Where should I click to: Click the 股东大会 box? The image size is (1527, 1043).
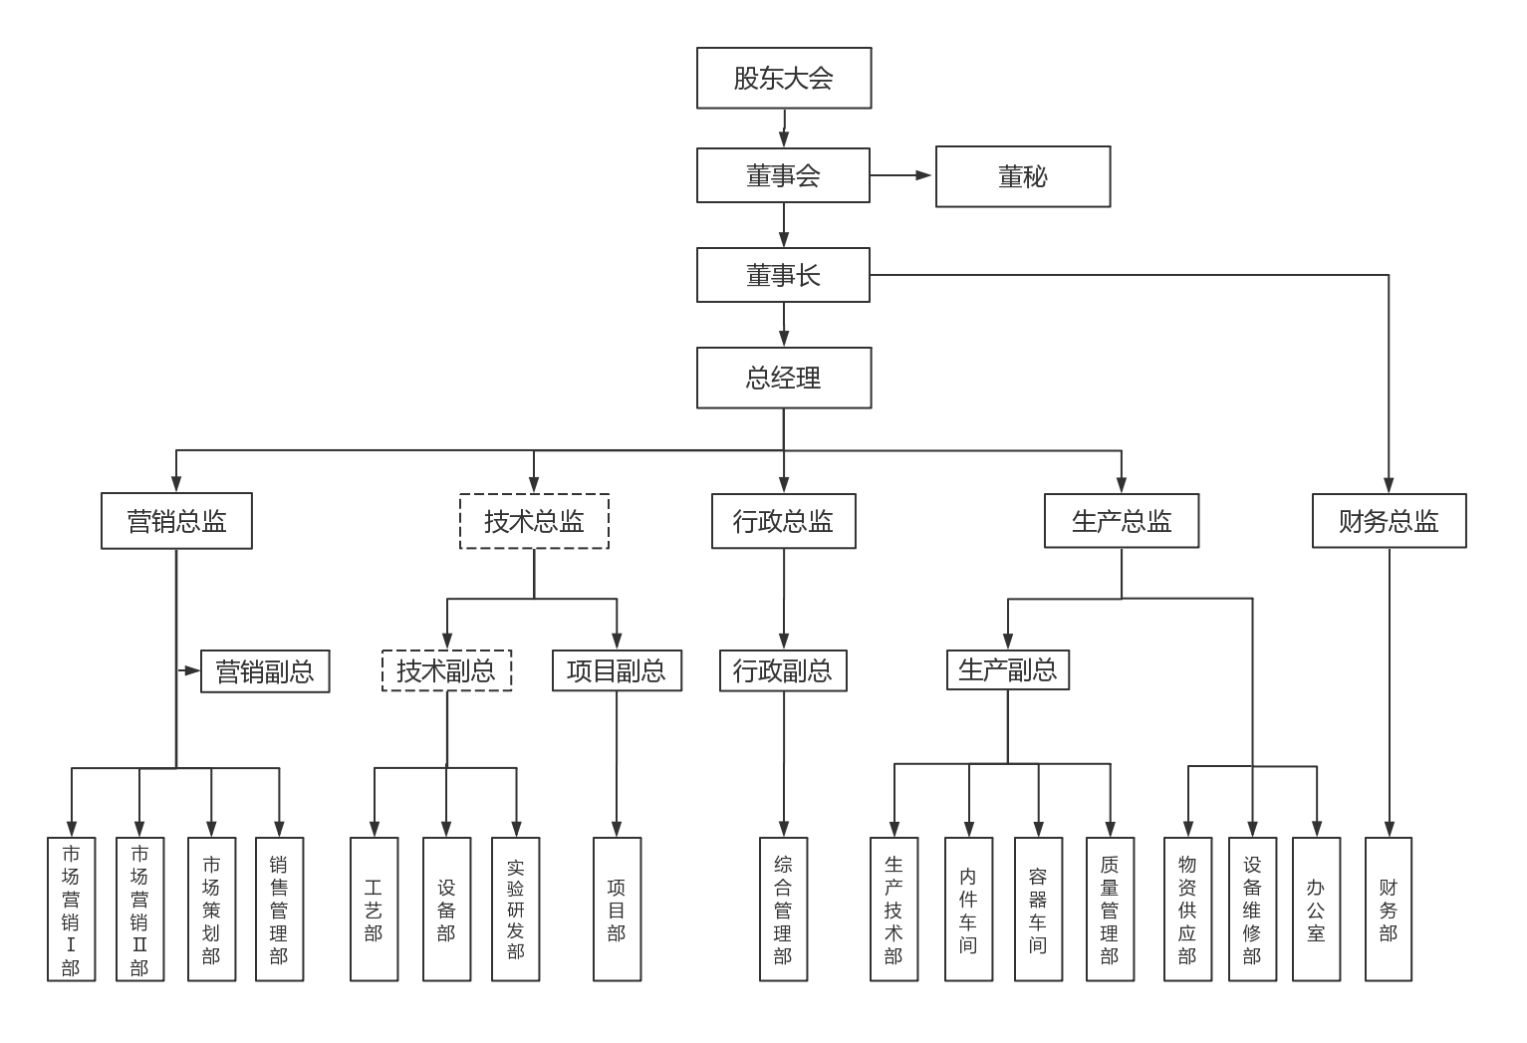pos(784,78)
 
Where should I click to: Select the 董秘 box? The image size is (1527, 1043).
pos(1023,176)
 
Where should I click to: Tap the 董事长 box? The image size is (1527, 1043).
pos(783,275)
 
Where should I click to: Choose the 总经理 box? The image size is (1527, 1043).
pos(784,378)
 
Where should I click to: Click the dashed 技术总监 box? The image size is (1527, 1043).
pos(534,521)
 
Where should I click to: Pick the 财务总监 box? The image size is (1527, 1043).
pos(1389,521)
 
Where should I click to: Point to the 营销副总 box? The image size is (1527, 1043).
pos(265,671)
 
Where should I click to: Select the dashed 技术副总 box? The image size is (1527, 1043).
pos(446,670)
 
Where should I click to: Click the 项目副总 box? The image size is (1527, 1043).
pos(617,670)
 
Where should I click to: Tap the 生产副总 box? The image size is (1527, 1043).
pos(1007,669)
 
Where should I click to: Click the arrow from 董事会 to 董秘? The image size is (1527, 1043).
pos(901,175)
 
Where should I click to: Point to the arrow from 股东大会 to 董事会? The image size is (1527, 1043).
pos(784,128)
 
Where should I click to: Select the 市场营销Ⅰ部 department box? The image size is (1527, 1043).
pos(71,909)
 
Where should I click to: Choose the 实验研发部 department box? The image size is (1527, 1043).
pos(515,909)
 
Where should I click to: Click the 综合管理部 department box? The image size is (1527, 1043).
pos(783,909)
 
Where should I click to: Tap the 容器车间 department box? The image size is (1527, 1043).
pos(1038,909)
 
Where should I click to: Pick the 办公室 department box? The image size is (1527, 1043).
pos(1316,909)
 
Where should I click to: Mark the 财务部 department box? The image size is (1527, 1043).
pos(1388,909)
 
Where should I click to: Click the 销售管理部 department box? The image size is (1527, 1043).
pos(279,909)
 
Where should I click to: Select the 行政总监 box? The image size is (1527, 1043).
pos(783,521)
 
